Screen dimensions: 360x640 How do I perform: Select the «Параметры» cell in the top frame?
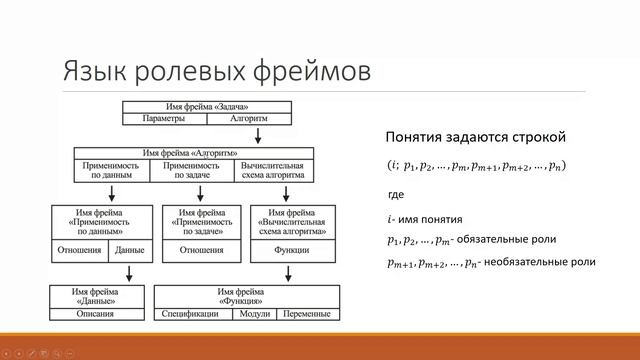164,118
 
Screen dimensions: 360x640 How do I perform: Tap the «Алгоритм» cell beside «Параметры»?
247,118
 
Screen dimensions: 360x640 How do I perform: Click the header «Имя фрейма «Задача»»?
206,106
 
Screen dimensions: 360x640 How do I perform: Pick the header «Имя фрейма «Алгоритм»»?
193,152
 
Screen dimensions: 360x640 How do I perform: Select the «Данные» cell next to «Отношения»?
129,250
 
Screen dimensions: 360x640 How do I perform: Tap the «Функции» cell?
289,250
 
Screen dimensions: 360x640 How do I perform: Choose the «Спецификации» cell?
191,313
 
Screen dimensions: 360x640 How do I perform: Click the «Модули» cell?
250,313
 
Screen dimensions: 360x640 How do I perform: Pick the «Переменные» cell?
306,313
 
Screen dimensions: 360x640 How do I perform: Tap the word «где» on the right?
395,193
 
